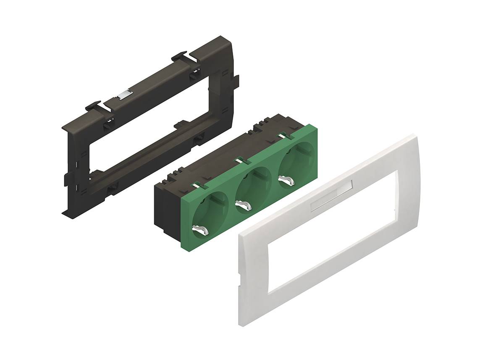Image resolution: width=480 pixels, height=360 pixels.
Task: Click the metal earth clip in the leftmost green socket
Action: click(200, 230)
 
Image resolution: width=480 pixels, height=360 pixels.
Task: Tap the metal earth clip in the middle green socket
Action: click(243, 205)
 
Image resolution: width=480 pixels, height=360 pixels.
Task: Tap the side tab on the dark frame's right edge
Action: click(236, 82)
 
